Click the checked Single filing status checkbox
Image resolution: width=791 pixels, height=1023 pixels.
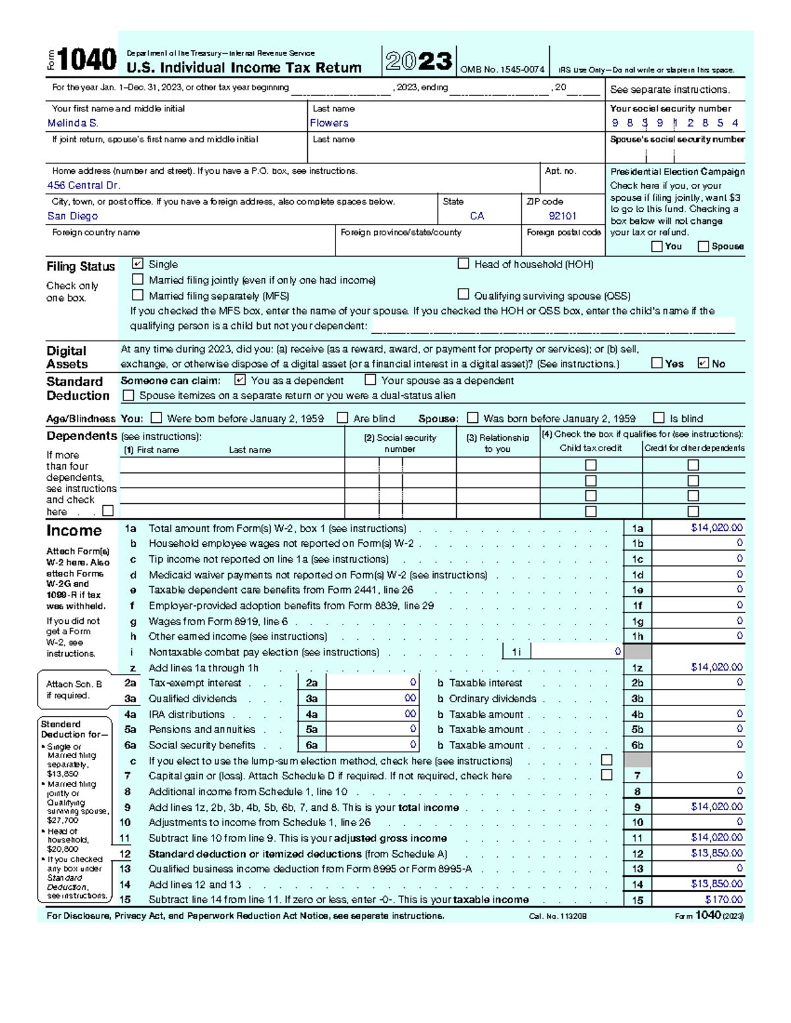pyautogui.click(x=138, y=263)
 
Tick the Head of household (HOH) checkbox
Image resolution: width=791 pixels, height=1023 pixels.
pyautogui.click(x=463, y=263)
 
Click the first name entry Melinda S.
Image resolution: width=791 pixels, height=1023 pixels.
pyautogui.click(x=73, y=123)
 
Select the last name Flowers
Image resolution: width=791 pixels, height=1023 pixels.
pyautogui.click(x=329, y=123)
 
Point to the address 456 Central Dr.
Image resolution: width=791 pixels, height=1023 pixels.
pyautogui.click(x=84, y=186)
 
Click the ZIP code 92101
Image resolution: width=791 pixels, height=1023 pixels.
pyautogui.click(x=562, y=216)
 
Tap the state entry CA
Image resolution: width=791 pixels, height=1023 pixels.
pyautogui.click(x=477, y=216)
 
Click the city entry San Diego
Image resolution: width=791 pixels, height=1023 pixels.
pyautogui.click(x=73, y=216)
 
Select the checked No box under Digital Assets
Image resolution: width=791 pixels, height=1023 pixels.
pyautogui.click(x=703, y=363)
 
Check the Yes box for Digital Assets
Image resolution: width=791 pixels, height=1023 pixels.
pyautogui.click(x=657, y=363)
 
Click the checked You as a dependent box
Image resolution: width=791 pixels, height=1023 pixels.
pyautogui.click(x=240, y=380)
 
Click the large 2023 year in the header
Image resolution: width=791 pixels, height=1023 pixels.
pyautogui.click(x=419, y=62)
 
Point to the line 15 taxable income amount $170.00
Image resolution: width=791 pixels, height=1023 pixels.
pyautogui.click(x=723, y=900)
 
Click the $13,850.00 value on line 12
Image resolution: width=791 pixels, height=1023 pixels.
pyautogui.click(x=717, y=853)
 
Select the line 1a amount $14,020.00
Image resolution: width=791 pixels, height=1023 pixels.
pyautogui.click(x=717, y=528)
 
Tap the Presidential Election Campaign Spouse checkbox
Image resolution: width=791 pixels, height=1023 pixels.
pyautogui.click(x=703, y=246)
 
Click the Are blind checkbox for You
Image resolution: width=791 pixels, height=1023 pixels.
pyautogui.click(x=342, y=418)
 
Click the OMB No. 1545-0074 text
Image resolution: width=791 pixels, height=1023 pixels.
pyautogui.click(x=502, y=70)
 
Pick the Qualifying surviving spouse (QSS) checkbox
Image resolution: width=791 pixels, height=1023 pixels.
pyautogui.click(x=463, y=294)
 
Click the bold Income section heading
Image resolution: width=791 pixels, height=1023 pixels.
pyautogui.click(x=74, y=531)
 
